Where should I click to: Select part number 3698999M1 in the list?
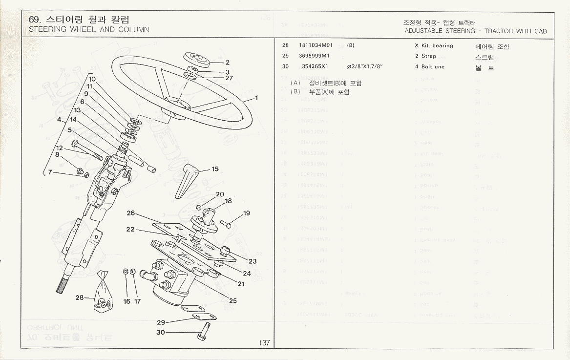[x=314, y=56]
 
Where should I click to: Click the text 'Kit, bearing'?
[x=437, y=46]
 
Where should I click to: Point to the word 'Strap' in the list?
[x=429, y=56]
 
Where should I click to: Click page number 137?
[x=264, y=343]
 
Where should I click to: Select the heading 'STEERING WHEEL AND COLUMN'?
[x=89, y=29]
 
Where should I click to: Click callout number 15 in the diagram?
[x=215, y=169]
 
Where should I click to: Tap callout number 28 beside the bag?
[x=80, y=297]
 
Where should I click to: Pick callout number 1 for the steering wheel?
[x=256, y=98]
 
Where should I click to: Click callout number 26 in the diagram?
[x=130, y=213]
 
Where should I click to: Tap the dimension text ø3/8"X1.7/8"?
[x=364, y=67]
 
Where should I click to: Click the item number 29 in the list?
[x=286, y=56]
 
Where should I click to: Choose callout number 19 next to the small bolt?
[x=246, y=213]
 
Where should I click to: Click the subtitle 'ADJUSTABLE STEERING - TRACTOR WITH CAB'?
[x=475, y=31]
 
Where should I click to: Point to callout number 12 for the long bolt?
[x=59, y=148]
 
